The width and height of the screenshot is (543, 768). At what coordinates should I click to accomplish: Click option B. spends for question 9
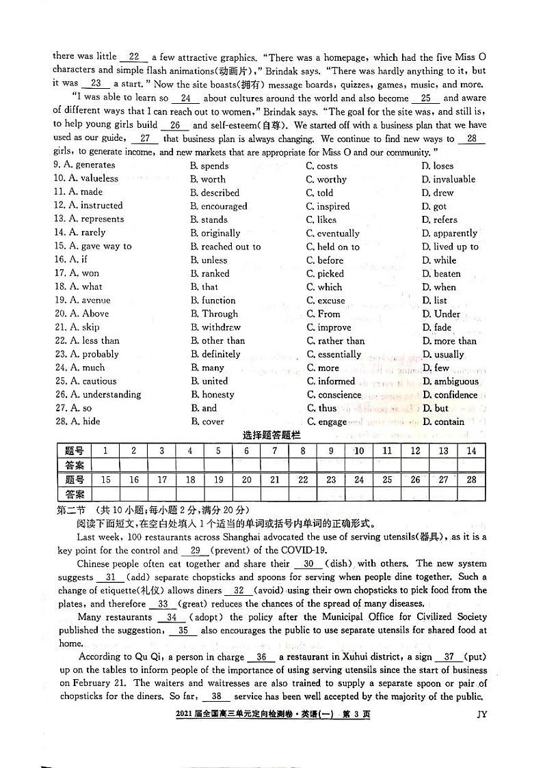[x=210, y=165]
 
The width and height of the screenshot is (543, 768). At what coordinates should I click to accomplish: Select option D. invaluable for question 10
[x=448, y=179]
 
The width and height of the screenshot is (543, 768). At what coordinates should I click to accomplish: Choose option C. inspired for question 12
[x=328, y=206]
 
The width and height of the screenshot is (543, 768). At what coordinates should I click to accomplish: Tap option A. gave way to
[x=92, y=246]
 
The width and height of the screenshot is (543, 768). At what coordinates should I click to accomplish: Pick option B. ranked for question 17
[x=209, y=273]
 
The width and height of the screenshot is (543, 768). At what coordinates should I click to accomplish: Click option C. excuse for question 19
[x=326, y=300]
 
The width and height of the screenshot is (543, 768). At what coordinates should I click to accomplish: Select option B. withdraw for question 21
[x=215, y=327]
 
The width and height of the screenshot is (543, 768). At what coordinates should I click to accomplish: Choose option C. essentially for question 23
[x=334, y=354]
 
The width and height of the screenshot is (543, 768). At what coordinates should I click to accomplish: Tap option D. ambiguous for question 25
[x=450, y=381]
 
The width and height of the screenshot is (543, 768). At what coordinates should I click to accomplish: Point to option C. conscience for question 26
[x=334, y=394]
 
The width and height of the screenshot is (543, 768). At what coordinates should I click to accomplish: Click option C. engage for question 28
[x=327, y=422]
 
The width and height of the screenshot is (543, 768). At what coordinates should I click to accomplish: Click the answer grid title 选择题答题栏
[x=271, y=435]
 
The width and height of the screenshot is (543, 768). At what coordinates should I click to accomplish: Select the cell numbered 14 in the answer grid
[x=471, y=451]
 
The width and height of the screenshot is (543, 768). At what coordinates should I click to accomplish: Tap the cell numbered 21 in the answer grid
[x=274, y=480]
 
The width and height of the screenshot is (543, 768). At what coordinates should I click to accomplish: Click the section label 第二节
[x=71, y=510]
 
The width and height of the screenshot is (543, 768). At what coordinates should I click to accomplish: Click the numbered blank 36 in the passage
[x=261, y=657]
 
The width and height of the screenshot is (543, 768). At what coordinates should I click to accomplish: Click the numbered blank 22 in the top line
[x=133, y=57]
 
